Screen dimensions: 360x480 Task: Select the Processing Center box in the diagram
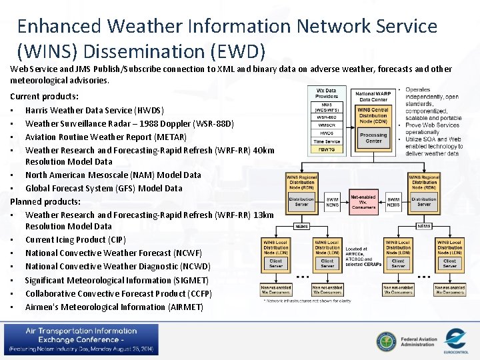pos(373,137)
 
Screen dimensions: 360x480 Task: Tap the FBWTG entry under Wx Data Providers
pos(327,149)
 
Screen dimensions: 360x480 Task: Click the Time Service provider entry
pos(327,141)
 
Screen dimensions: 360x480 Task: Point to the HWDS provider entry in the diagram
pos(327,133)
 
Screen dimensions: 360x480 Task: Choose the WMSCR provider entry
pos(327,125)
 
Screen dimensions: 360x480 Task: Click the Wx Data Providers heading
pos(327,93)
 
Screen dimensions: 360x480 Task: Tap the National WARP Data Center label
pos(373,96)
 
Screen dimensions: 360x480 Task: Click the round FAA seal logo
pos(385,341)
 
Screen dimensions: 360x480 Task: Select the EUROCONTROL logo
pos(455,341)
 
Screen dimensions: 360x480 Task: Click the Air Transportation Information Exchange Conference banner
pos(81,340)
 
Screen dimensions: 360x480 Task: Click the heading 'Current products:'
pos(44,96)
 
